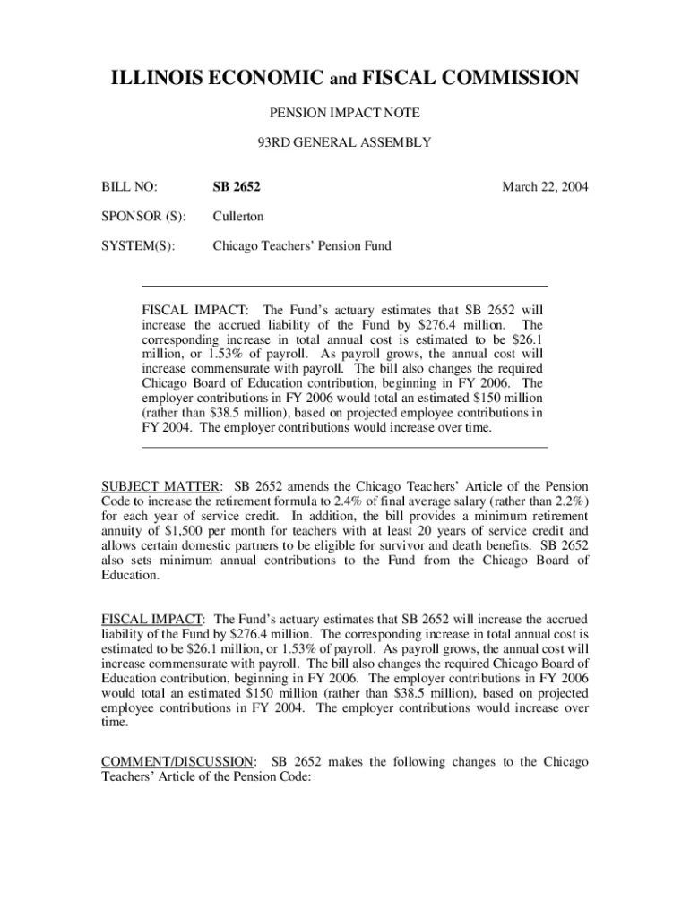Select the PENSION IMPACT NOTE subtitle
coord(345,113)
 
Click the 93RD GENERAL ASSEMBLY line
coord(345,141)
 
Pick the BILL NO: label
coord(129,187)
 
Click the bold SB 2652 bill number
coord(237,187)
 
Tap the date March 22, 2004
coord(545,187)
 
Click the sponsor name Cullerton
coord(237,216)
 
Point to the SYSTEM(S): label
coord(138,244)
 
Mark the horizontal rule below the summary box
coord(345,446)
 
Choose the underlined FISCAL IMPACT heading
coord(152,619)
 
